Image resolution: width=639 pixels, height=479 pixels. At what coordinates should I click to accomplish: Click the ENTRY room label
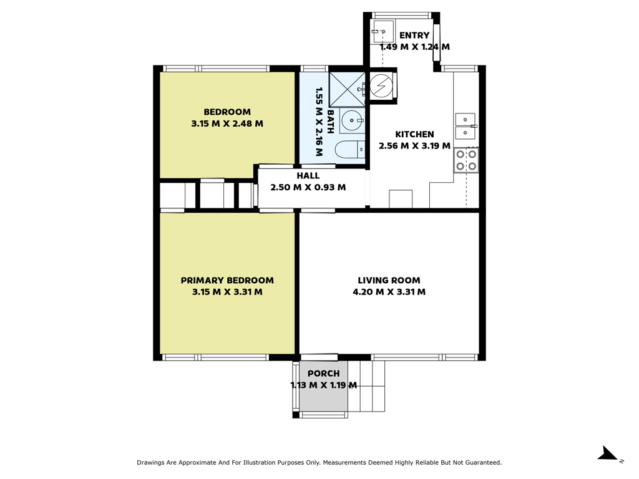414,36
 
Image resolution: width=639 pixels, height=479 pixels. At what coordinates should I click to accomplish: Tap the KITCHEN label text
414,135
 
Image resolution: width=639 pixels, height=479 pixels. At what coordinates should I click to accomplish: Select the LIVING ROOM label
389,280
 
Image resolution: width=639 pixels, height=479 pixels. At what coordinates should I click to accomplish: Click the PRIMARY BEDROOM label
227,280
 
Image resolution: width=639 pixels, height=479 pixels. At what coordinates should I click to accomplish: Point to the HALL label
308,176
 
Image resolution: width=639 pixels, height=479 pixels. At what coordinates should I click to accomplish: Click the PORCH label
324,374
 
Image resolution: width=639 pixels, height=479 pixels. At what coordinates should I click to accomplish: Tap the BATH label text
331,122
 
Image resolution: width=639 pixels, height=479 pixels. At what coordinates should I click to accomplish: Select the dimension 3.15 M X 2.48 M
227,123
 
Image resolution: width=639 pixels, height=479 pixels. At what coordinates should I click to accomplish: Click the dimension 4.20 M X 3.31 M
389,292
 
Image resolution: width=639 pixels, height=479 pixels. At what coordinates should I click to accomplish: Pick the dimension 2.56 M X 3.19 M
414,146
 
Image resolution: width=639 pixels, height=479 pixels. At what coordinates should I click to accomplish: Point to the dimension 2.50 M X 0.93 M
308,187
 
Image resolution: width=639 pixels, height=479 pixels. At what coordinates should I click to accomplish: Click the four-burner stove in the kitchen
466,160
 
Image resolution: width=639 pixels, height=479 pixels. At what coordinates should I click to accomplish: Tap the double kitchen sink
466,126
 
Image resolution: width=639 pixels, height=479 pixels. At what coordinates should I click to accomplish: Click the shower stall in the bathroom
347,90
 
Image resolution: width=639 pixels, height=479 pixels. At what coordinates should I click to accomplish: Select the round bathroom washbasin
351,120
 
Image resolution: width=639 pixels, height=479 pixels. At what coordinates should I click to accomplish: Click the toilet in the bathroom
350,150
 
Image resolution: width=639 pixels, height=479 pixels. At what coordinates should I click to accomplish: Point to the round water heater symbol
381,85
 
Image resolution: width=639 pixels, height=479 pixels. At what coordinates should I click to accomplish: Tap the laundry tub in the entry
383,31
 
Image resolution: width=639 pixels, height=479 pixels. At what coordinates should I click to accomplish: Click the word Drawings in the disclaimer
150,463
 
